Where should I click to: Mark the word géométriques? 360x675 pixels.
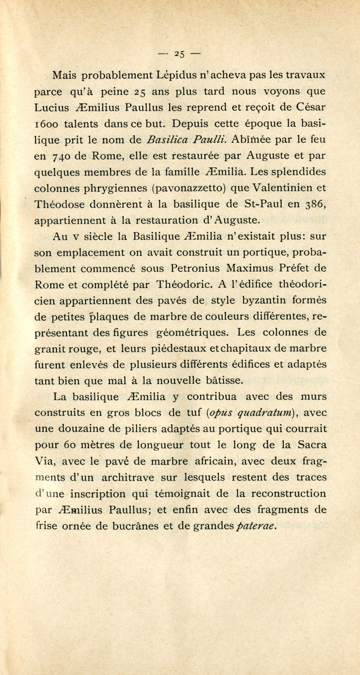193,333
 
